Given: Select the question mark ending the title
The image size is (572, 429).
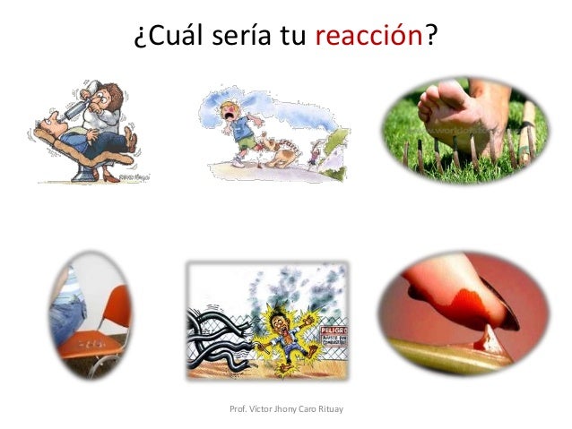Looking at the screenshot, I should tap(432, 37).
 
